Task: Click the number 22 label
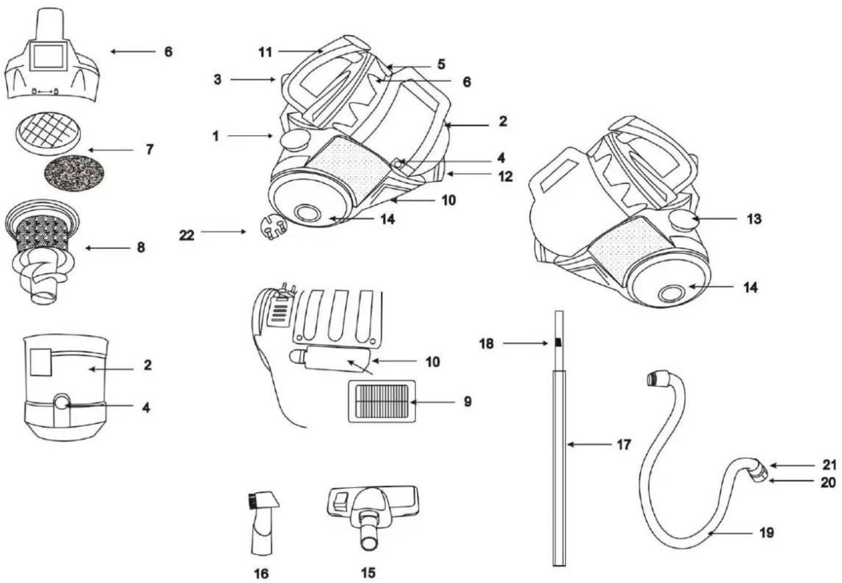[186, 236]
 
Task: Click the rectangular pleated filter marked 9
[382, 401]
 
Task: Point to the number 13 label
[754, 219]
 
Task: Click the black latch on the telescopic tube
[559, 342]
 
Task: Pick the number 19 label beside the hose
[767, 532]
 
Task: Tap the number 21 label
[828, 465]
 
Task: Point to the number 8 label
[141, 248]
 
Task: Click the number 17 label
[623, 445]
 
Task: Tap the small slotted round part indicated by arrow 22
[273, 228]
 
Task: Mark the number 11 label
[265, 52]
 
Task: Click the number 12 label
[505, 176]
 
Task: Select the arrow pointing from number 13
[714, 219]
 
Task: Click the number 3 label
[217, 80]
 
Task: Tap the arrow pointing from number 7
[110, 150]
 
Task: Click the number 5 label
[441, 64]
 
